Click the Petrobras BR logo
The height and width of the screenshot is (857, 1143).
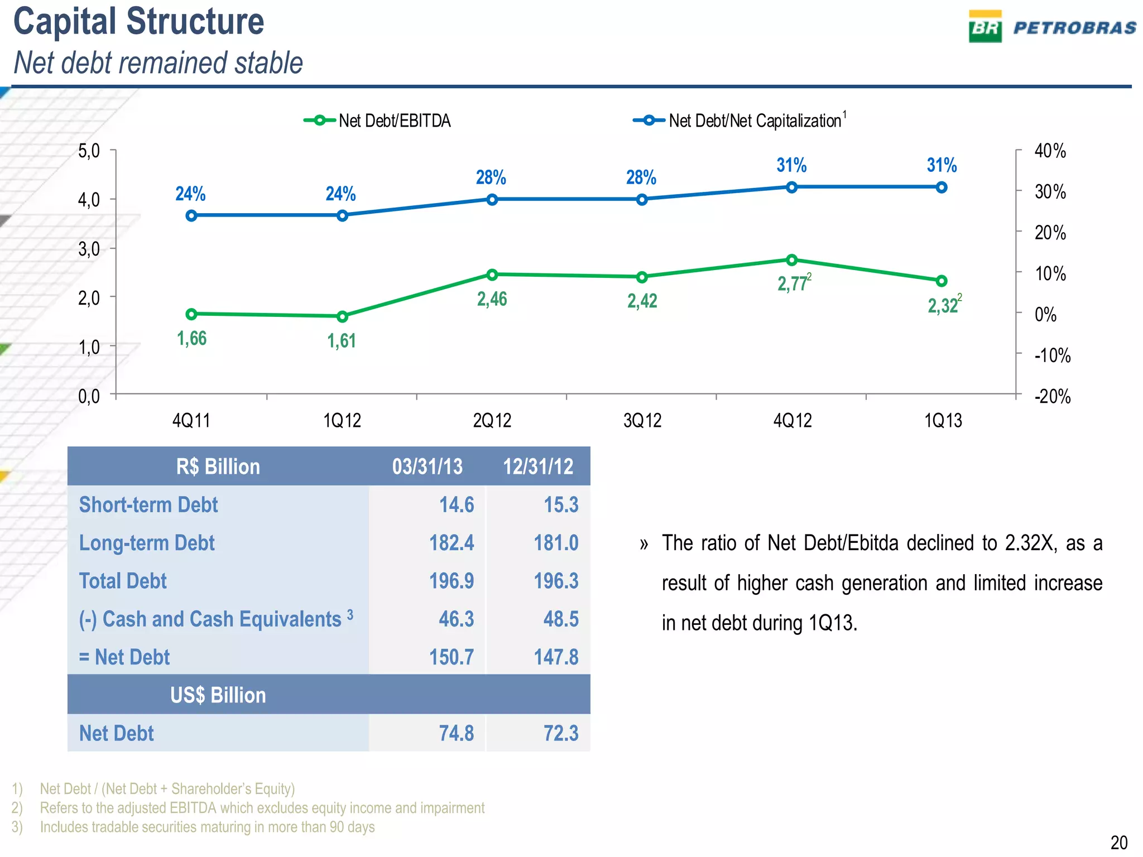point(985,27)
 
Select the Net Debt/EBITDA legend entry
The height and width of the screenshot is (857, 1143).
point(377,121)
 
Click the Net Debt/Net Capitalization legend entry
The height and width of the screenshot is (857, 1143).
point(739,121)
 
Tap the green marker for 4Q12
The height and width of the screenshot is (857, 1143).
point(791,260)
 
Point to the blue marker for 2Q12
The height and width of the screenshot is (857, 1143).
point(492,200)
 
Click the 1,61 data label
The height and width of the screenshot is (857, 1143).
point(341,340)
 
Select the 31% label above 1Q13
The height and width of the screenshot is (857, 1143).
point(942,165)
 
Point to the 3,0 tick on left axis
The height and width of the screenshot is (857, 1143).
point(89,249)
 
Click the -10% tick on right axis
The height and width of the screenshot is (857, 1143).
point(1052,355)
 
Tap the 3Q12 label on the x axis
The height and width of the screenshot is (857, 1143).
point(642,421)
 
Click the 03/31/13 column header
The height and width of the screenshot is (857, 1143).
point(427,466)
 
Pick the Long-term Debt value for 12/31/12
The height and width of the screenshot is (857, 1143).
point(556,543)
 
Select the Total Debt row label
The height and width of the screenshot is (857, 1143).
point(123,581)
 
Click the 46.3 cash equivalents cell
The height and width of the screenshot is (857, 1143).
point(456,619)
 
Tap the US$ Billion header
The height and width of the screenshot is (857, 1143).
point(218,695)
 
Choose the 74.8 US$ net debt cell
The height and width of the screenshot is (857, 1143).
point(456,733)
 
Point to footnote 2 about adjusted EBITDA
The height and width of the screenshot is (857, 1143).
point(262,808)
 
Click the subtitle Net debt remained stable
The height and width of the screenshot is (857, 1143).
point(158,62)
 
